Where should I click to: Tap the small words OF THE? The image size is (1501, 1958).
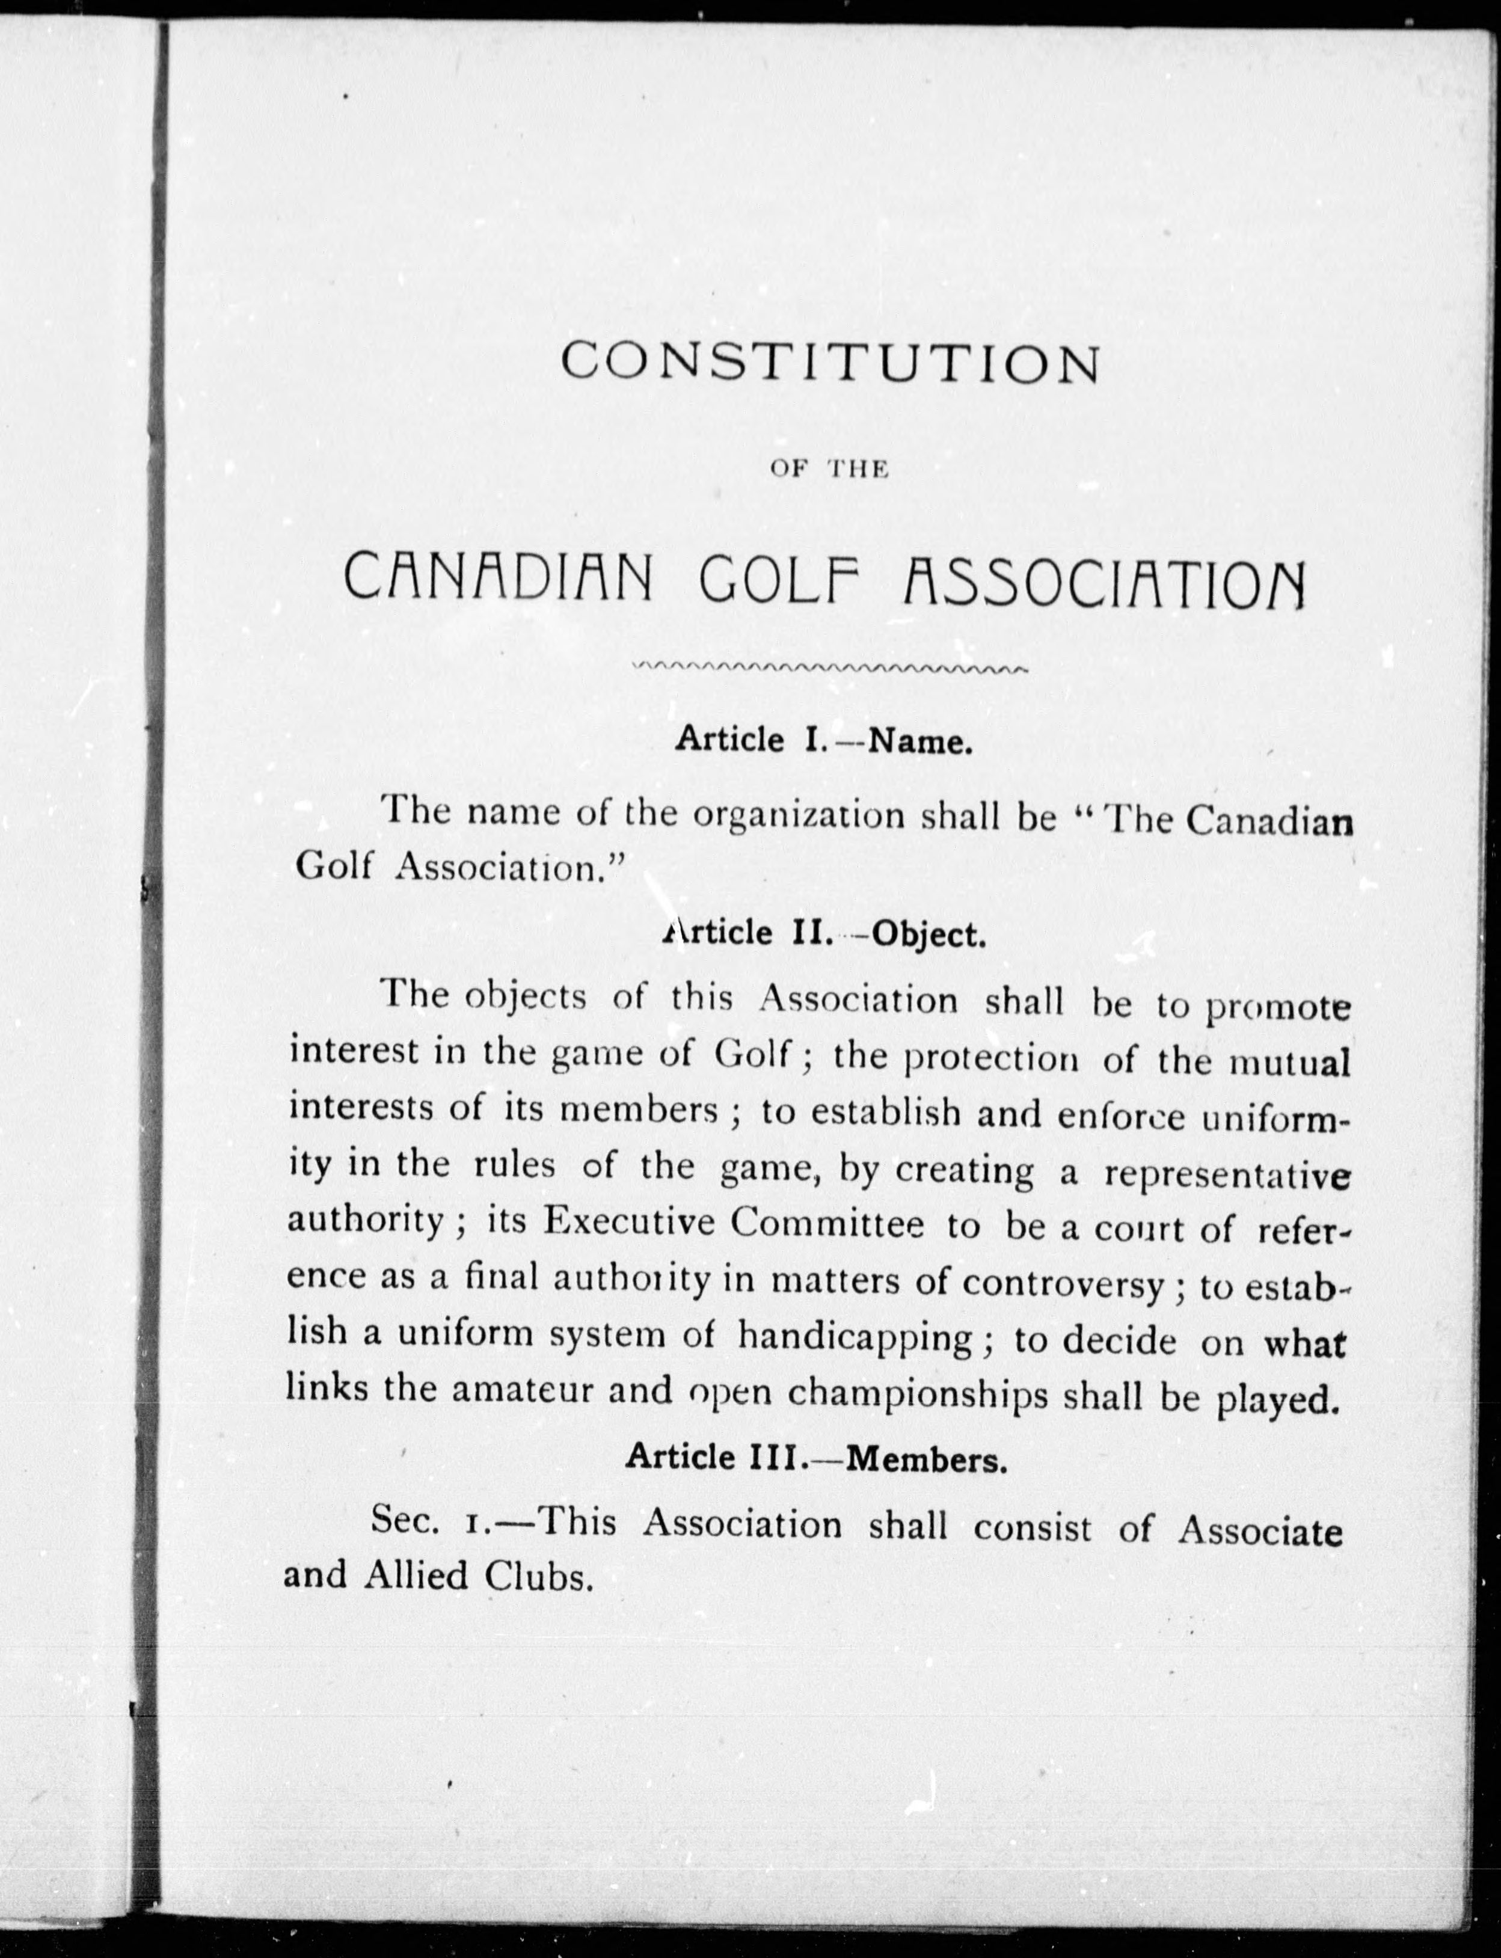(x=828, y=470)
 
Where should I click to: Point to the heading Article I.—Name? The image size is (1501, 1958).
(x=823, y=740)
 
